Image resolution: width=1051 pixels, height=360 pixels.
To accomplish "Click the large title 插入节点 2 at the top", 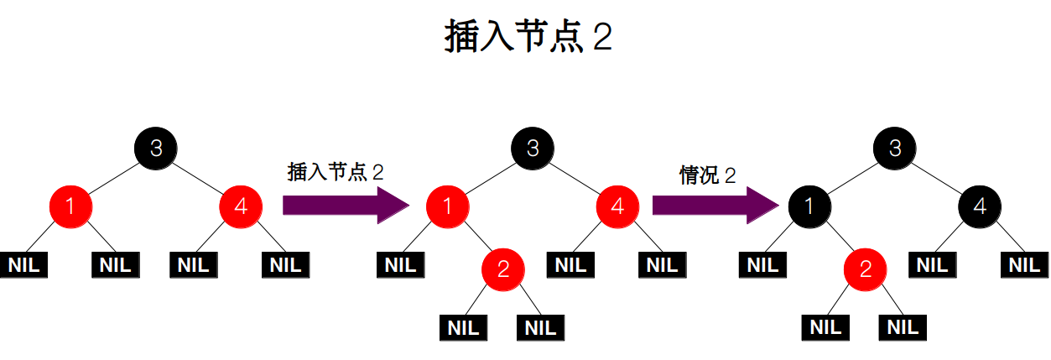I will tap(527, 39).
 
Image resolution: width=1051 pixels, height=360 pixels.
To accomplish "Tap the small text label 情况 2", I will tap(707, 175).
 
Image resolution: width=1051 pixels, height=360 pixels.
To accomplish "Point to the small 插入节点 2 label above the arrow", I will tap(335, 172).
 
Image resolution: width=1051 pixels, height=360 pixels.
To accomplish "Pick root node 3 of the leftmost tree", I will tap(156, 149).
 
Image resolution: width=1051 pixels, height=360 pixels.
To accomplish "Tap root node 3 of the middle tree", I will tap(533, 149).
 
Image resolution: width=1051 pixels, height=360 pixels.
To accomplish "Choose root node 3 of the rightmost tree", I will tap(895, 149).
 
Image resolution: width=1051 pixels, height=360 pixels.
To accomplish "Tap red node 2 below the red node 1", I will tap(502, 269).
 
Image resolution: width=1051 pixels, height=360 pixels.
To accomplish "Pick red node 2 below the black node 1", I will tap(865, 269).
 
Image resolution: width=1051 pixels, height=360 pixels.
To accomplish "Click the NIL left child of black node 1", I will tap(763, 265).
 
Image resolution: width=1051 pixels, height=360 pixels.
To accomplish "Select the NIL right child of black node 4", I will tap(1023, 265).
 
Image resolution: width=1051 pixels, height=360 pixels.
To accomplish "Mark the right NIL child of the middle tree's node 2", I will tap(542, 326).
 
